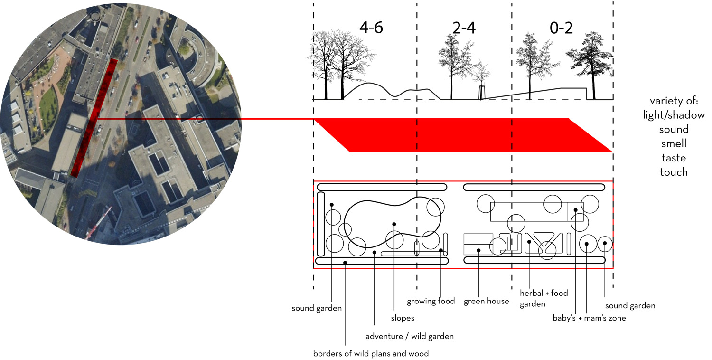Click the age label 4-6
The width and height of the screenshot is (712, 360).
[x=371, y=28]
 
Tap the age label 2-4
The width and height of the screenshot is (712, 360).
[x=464, y=28]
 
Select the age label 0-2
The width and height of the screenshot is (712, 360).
[x=561, y=28]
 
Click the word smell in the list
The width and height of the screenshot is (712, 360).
[x=674, y=143]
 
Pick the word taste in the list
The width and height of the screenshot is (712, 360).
[x=674, y=158]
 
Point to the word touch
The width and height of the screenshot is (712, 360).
[x=674, y=172]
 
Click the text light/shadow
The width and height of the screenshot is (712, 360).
[x=674, y=115]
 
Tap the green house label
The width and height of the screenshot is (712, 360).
[x=486, y=301]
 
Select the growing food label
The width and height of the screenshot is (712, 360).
[x=431, y=301]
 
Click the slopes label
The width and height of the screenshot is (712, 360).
[x=403, y=318]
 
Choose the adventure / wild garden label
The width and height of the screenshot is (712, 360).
[x=409, y=336]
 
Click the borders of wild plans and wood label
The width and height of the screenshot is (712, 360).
[x=371, y=353]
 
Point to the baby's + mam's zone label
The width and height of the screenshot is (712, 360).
[x=589, y=318]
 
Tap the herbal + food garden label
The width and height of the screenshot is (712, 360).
[x=543, y=298]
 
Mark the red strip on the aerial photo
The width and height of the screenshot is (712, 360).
[x=94, y=118]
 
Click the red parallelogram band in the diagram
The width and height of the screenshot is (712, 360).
[x=463, y=135]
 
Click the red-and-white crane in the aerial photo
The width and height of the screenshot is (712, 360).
[x=98, y=223]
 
